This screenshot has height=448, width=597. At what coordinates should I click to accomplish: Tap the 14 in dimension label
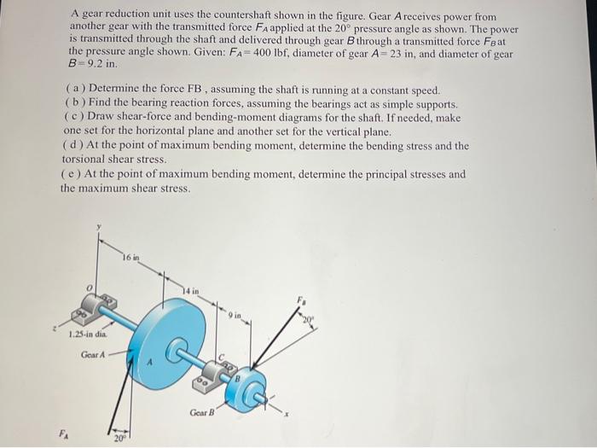[x=189, y=291]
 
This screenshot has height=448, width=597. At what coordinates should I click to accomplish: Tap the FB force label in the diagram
[x=300, y=300]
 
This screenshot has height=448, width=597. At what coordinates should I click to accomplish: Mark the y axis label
[x=99, y=226]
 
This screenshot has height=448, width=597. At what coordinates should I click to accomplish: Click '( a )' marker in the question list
[x=73, y=90]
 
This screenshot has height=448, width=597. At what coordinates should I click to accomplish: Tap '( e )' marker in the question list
[x=72, y=174]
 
